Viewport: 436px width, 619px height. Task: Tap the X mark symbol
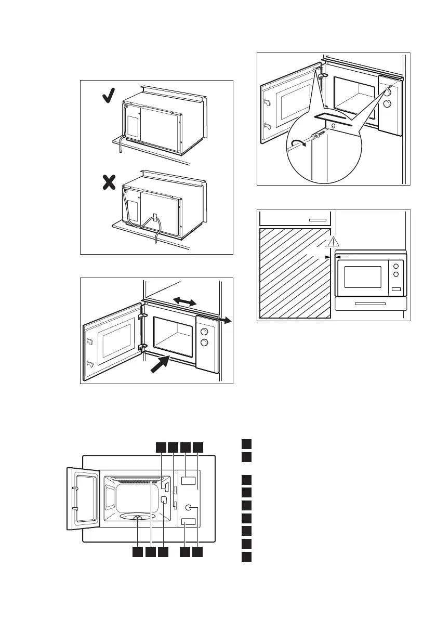click(108, 183)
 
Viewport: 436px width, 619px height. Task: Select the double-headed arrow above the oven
click(185, 301)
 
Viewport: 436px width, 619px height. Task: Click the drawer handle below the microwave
click(369, 303)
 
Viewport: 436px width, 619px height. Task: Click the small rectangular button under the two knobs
click(397, 289)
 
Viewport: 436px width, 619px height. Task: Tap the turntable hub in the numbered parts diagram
click(137, 518)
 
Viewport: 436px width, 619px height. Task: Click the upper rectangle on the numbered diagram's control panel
click(189, 480)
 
